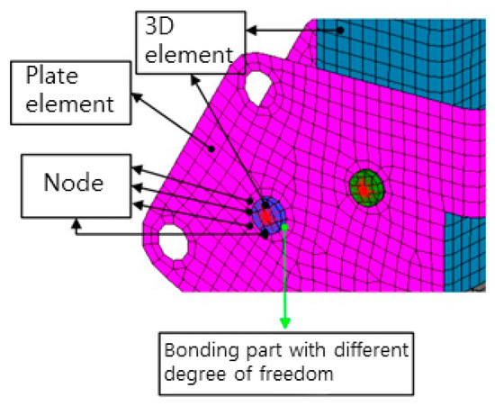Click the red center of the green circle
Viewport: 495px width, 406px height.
[x=363, y=190]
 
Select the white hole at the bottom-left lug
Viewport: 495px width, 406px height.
[x=171, y=239]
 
